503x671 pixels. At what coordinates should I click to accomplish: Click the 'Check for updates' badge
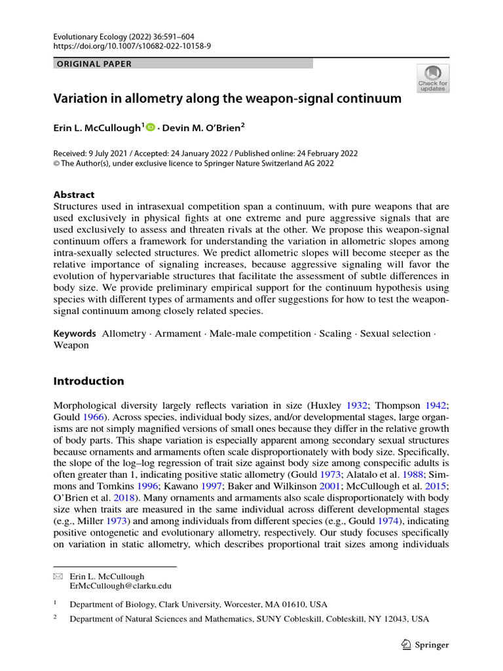433,78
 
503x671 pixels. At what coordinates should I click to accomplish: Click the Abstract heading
73,195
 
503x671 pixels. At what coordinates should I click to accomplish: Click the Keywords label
74,334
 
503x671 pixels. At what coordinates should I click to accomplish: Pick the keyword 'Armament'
178,334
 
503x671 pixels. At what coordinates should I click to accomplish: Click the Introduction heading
88,381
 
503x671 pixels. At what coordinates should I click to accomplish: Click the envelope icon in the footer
58,577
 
